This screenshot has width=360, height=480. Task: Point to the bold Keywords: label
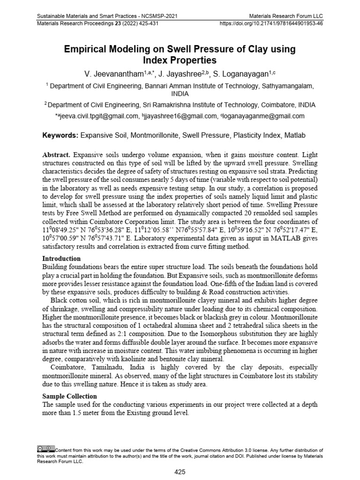click(x=60, y=135)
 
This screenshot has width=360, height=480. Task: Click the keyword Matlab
click(x=294, y=135)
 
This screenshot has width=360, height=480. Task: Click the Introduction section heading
click(x=61, y=258)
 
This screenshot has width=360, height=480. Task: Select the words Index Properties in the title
click(x=180, y=60)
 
